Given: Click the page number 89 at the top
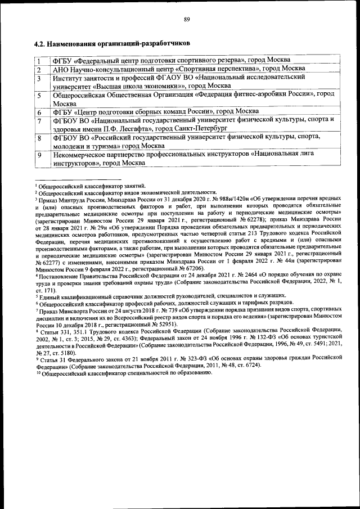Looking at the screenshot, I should pos(187,20).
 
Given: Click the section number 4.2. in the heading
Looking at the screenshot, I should pos(40,43).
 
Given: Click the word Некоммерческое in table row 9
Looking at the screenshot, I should pos(81,154).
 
